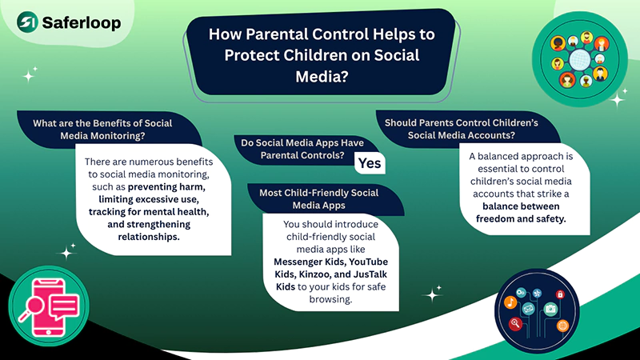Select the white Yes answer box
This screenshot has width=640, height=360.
point(370,162)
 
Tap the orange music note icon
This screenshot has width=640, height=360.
point(510,302)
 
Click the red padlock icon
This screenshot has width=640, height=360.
point(560,295)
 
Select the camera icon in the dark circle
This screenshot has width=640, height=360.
point(550,310)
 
